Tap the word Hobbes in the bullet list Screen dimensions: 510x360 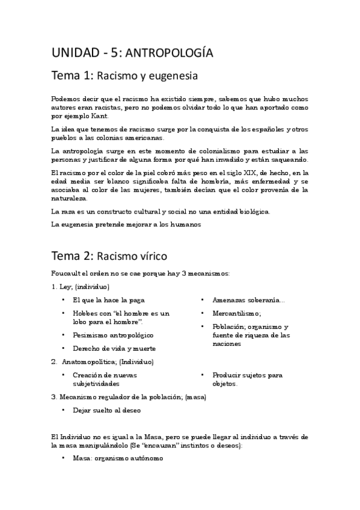coord(84,313)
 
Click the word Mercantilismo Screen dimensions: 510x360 coord(236,313)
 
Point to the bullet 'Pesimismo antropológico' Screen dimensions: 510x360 coord(113,335)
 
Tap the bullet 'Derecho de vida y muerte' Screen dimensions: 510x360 coord(114,348)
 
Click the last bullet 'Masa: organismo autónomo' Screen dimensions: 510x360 coord(117,458)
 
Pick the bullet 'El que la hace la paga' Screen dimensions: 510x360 coord(108,300)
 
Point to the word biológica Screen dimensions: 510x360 coord(252,212)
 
